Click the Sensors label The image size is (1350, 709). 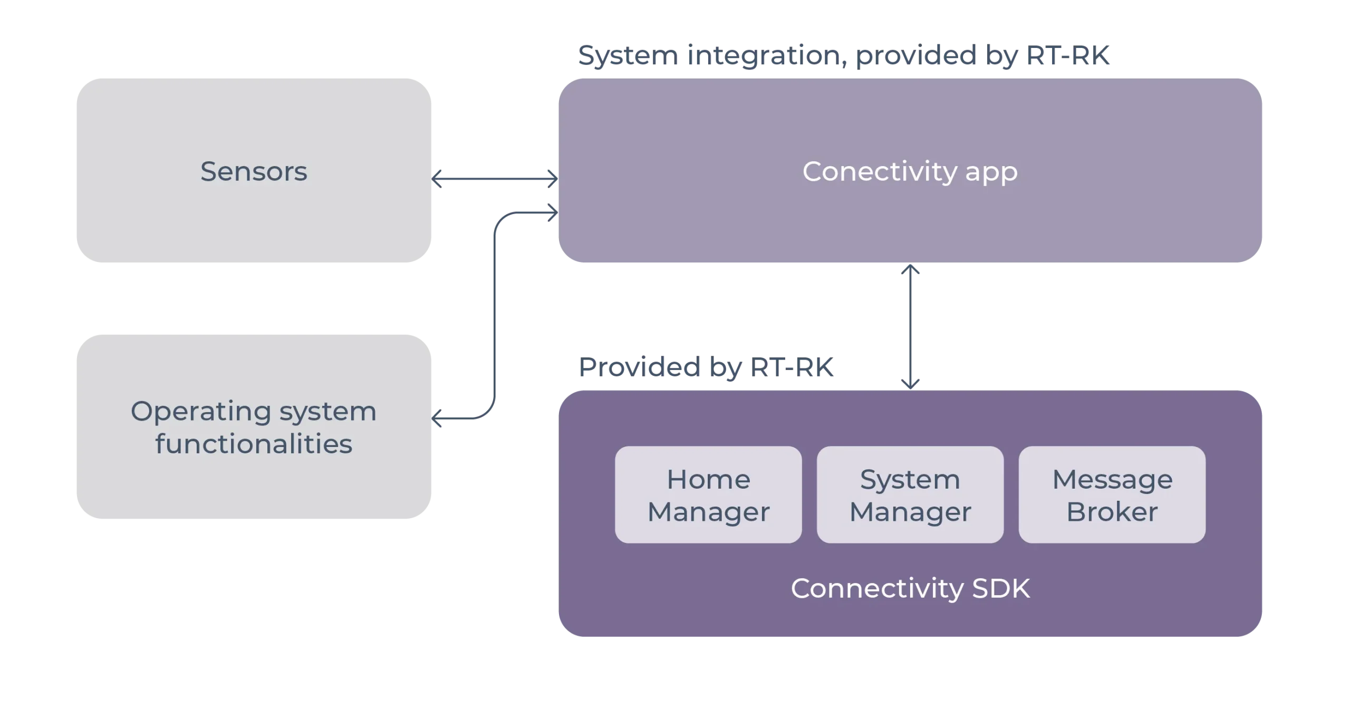pyautogui.click(x=254, y=171)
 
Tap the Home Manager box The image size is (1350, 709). pyautogui.click(x=708, y=494)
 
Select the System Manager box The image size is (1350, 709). pyautogui.click(x=910, y=494)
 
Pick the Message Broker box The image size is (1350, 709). pyautogui.click(x=1112, y=494)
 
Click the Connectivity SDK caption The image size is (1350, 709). pyautogui.click(x=910, y=588)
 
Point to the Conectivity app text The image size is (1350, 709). pyautogui.click(x=910, y=171)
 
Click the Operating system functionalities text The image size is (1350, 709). pyautogui.click(x=254, y=427)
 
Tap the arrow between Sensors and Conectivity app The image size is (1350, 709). pyautogui.click(x=495, y=179)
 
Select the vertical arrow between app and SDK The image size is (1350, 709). pyautogui.click(x=911, y=327)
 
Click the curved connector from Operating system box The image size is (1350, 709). pyautogui.click(x=496, y=316)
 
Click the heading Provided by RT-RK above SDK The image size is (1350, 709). pyautogui.click(x=707, y=367)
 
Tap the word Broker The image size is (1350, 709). pyautogui.click(x=1112, y=512)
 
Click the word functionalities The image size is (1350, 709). pyautogui.click(x=254, y=444)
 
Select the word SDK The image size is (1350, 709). pyautogui.click(x=1001, y=588)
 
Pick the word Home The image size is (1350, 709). pyautogui.click(x=708, y=479)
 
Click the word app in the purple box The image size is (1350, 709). pyautogui.click(x=991, y=172)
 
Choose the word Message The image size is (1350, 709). pyautogui.click(x=1112, y=479)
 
